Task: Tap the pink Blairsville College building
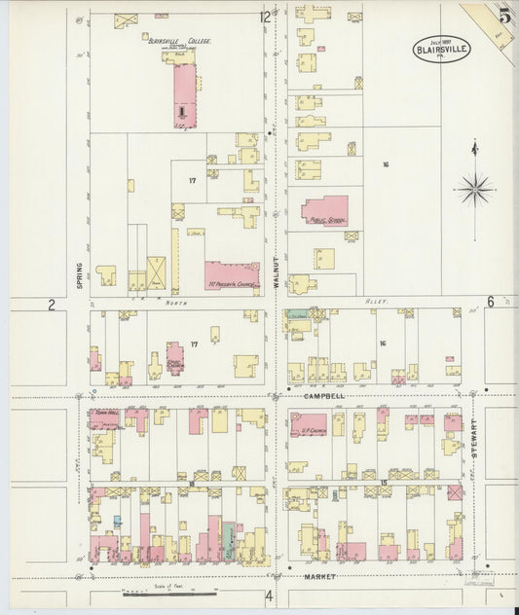[183, 94]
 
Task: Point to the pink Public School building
[323, 211]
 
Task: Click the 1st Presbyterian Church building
[231, 274]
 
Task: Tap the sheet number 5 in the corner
[503, 16]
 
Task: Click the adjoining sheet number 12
[265, 17]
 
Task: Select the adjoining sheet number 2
[51, 304]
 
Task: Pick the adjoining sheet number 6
[490, 302]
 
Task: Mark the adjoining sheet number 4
[269, 596]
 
